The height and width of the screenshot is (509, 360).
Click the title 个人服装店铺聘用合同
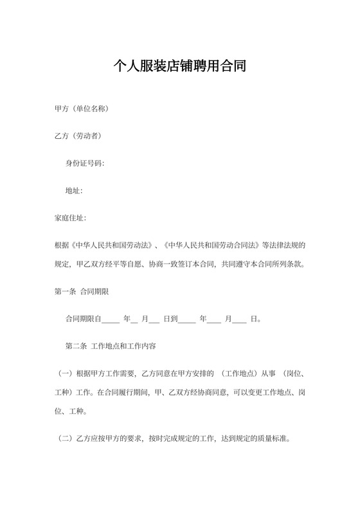[x=180, y=66]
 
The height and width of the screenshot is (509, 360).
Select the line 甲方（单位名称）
[x=81, y=109]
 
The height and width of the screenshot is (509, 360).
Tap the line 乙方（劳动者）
[x=78, y=136]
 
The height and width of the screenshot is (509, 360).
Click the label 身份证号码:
[x=84, y=163]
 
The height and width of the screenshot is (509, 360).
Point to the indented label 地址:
[x=74, y=191]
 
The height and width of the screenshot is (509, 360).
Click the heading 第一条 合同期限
[x=82, y=291]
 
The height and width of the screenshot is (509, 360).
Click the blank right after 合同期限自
[x=111, y=319]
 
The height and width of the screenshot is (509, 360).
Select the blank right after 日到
[x=186, y=319]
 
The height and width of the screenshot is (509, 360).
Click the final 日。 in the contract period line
[x=255, y=319]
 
